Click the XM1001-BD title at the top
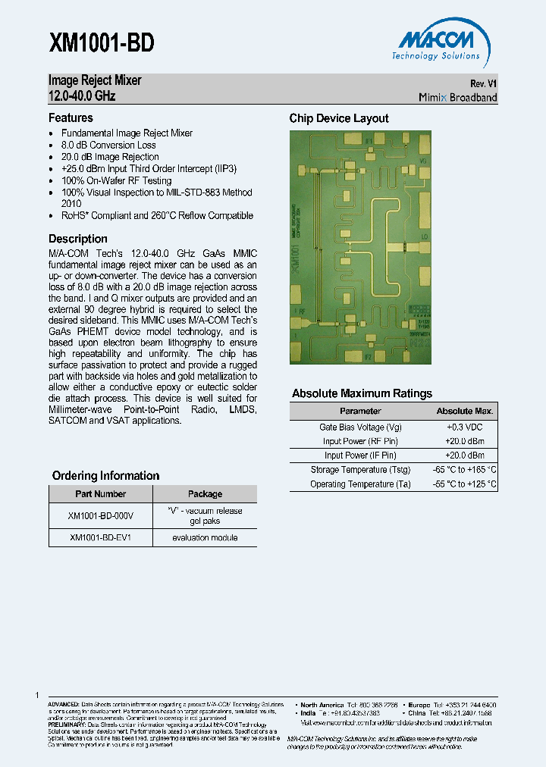click(102, 43)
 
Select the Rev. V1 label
click(483, 83)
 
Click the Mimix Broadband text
click(458, 97)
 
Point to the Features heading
click(71, 118)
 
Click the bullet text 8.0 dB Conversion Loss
click(108, 145)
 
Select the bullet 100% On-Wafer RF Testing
click(116, 180)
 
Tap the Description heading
click(78, 239)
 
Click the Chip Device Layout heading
click(339, 118)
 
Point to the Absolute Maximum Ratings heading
click(362, 393)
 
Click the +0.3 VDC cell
click(465, 427)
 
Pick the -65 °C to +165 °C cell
click(465, 470)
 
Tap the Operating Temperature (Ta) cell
click(360, 484)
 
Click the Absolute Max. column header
click(465, 411)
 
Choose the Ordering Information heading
click(105, 476)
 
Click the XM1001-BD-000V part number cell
click(101, 515)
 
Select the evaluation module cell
click(205, 537)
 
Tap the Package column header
click(205, 493)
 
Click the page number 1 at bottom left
click(37, 695)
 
